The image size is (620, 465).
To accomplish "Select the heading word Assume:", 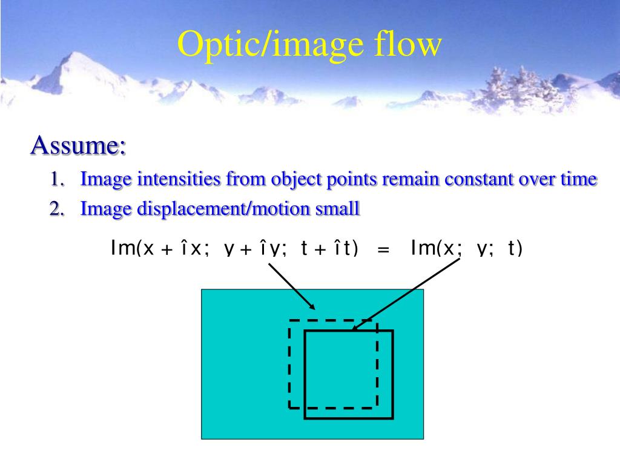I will (x=78, y=146).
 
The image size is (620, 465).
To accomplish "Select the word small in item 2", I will (x=338, y=209).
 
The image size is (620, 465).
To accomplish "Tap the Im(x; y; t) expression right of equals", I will (x=466, y=248).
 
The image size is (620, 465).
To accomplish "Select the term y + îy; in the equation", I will (x=255, y=248).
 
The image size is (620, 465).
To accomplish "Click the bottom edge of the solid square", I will (x=349, y=417).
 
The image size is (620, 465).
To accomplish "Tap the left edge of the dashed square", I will (x=290, y=363).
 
